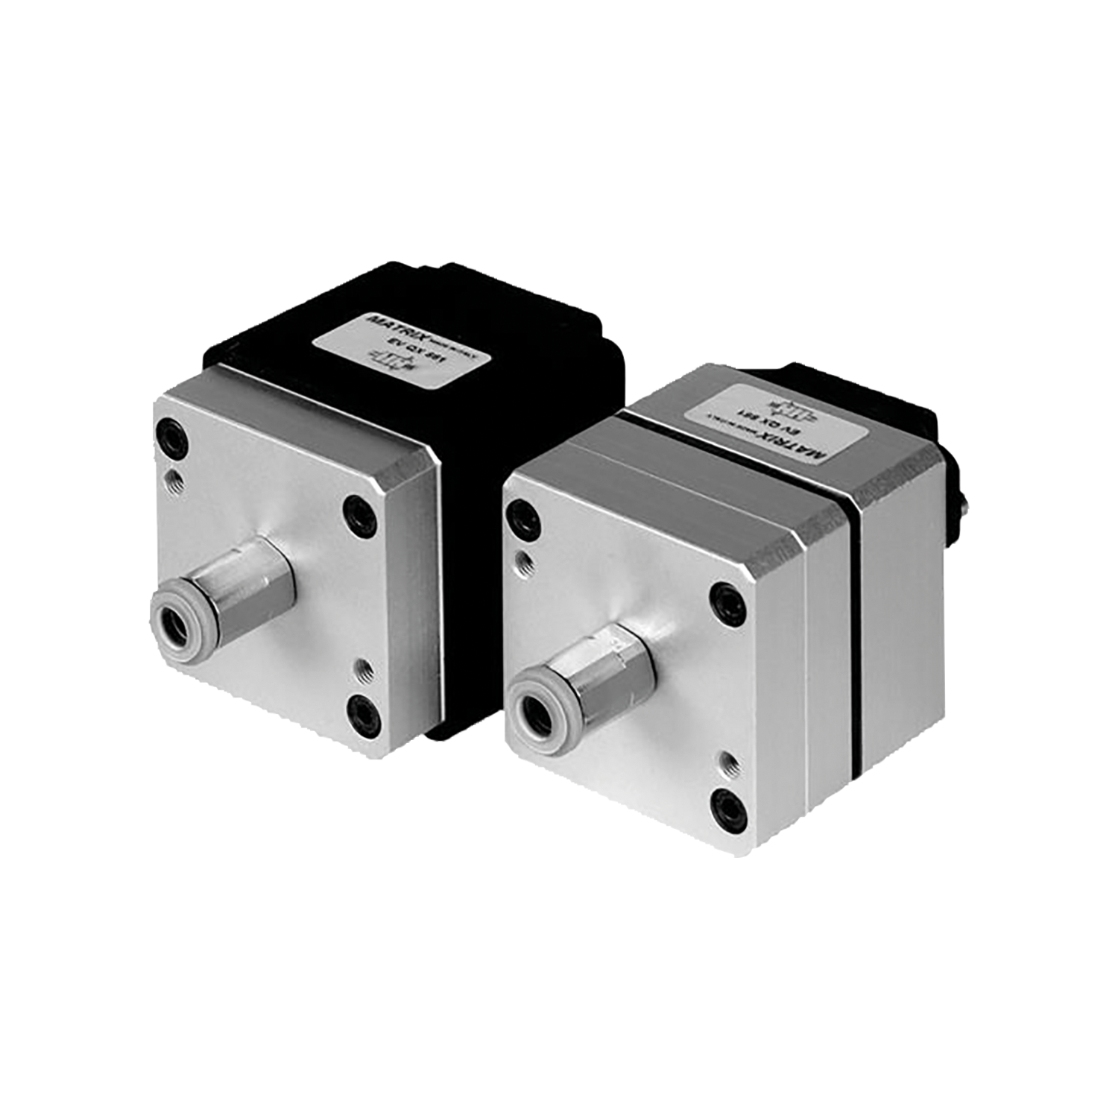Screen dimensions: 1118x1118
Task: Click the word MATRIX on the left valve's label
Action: [391, 333]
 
